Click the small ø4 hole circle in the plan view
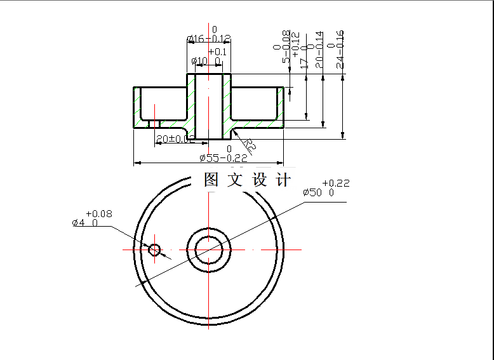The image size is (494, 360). click(x=154, y=250)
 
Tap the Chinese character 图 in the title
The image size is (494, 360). click(x=211, y=180)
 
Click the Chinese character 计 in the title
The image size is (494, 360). click(x=283, y=180)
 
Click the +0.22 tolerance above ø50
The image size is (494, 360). click(x=336, y=183)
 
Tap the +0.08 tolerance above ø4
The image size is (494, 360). click(x=98, y=214)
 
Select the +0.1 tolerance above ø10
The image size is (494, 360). click(x=217, y=51)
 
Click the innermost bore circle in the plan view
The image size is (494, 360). click(x=208, y=250)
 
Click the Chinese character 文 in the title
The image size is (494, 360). click(x=235, y=180)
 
